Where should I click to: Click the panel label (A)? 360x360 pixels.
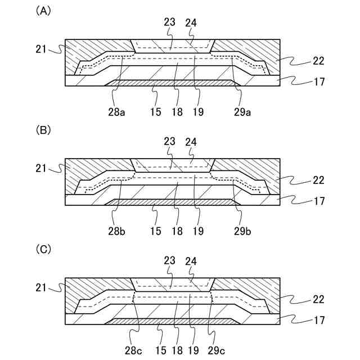tap(43, 11)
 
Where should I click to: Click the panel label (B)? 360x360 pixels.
tap(43, 130)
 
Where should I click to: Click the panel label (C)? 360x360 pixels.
tap(43, 249)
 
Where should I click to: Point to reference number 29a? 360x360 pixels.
tap(242, 112)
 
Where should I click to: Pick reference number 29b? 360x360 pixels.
tap(242, 231)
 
